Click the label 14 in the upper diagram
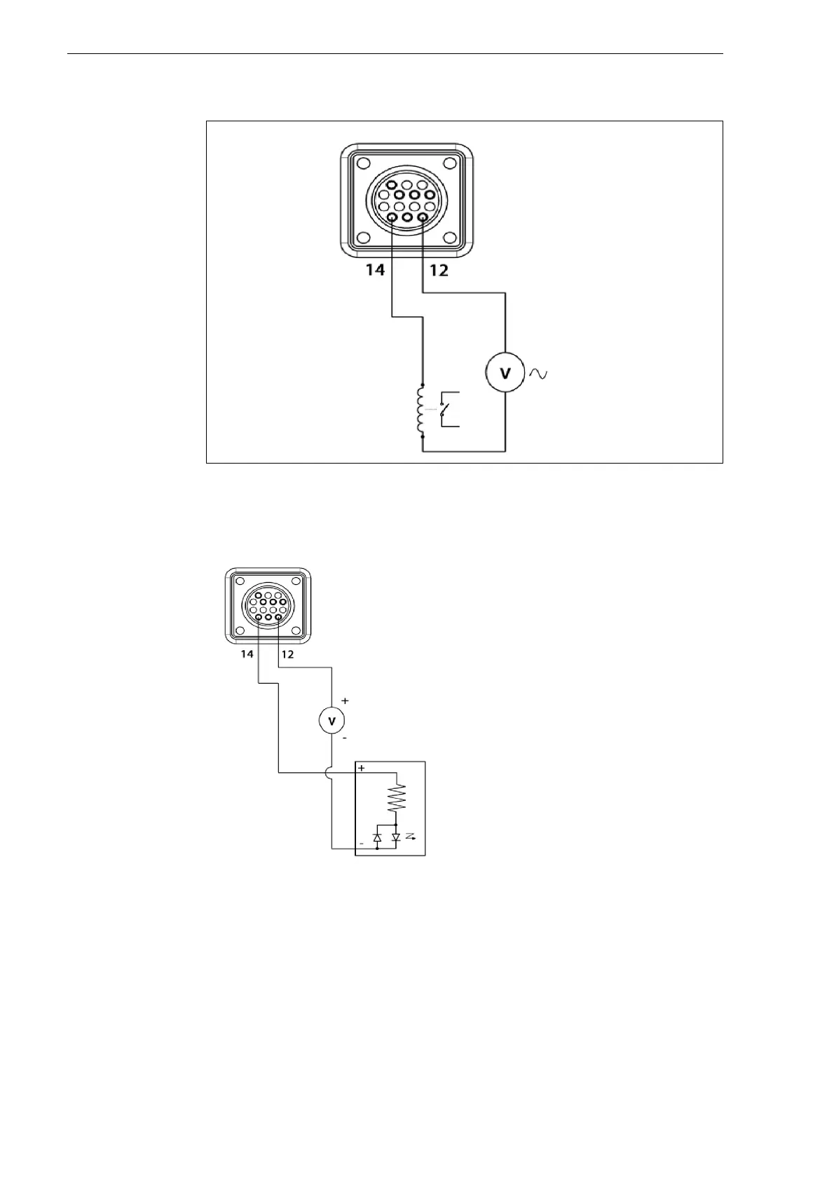point(376,269)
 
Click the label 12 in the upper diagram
point(439,269)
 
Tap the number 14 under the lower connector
point(247,654)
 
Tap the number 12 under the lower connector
point(287,654)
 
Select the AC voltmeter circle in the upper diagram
point(505,374)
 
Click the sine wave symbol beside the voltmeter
point(538,374)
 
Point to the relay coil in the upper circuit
point(422,410)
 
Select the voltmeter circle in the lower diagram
point(331,720)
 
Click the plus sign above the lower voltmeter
point(344,701)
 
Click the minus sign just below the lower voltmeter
point(344,738)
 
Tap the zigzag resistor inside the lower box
point(397,797)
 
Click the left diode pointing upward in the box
point(378,837)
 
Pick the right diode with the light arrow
point(396,837)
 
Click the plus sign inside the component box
point(362,769)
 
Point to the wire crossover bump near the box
point(331,773)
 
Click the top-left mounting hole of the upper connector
point(362,164)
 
